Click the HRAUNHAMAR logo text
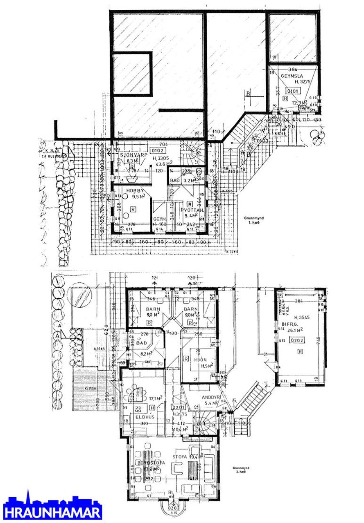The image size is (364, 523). tap(52, 512)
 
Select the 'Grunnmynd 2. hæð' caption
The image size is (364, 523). tap(239, 470)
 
